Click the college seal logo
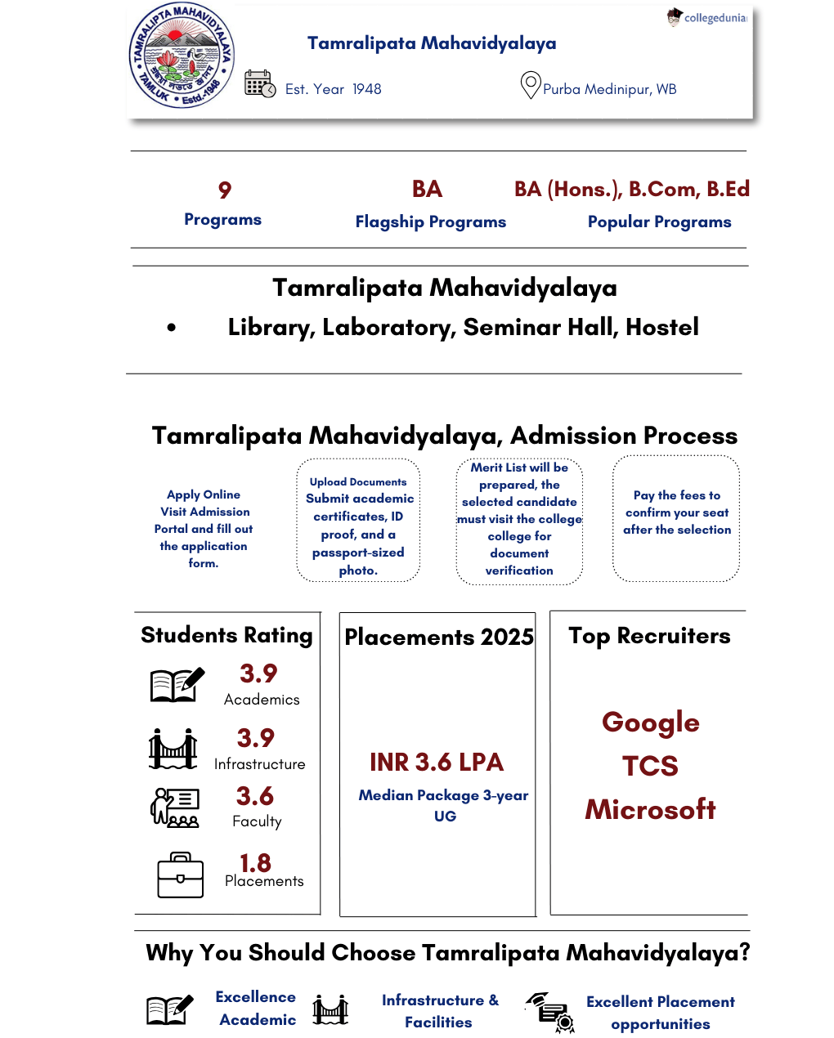[x=182, y=56]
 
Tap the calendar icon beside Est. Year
[x=260, y=84]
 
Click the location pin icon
[x=531, y=85]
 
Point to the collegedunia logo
[x=706, y=17]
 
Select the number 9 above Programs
[x=225, y=190]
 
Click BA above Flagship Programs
[x=427, y=190]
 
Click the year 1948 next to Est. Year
[x=366, y=89]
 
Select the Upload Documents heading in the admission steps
[x=358, y=482]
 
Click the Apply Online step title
[x=204, y=494]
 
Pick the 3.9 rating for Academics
[x=258, y=673]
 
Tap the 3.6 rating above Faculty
[x=255, y=796]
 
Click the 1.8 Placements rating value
[x=255, y=863]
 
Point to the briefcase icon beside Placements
[x=181, y=875]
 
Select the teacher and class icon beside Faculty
[x=174, y=808]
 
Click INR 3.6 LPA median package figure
[x=437, y=763]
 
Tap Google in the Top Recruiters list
[x=651, y=723]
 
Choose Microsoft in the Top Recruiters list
[x=651, y=809]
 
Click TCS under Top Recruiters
[x=651, y=766]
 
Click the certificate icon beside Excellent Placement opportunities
[x=552, y=1012]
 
